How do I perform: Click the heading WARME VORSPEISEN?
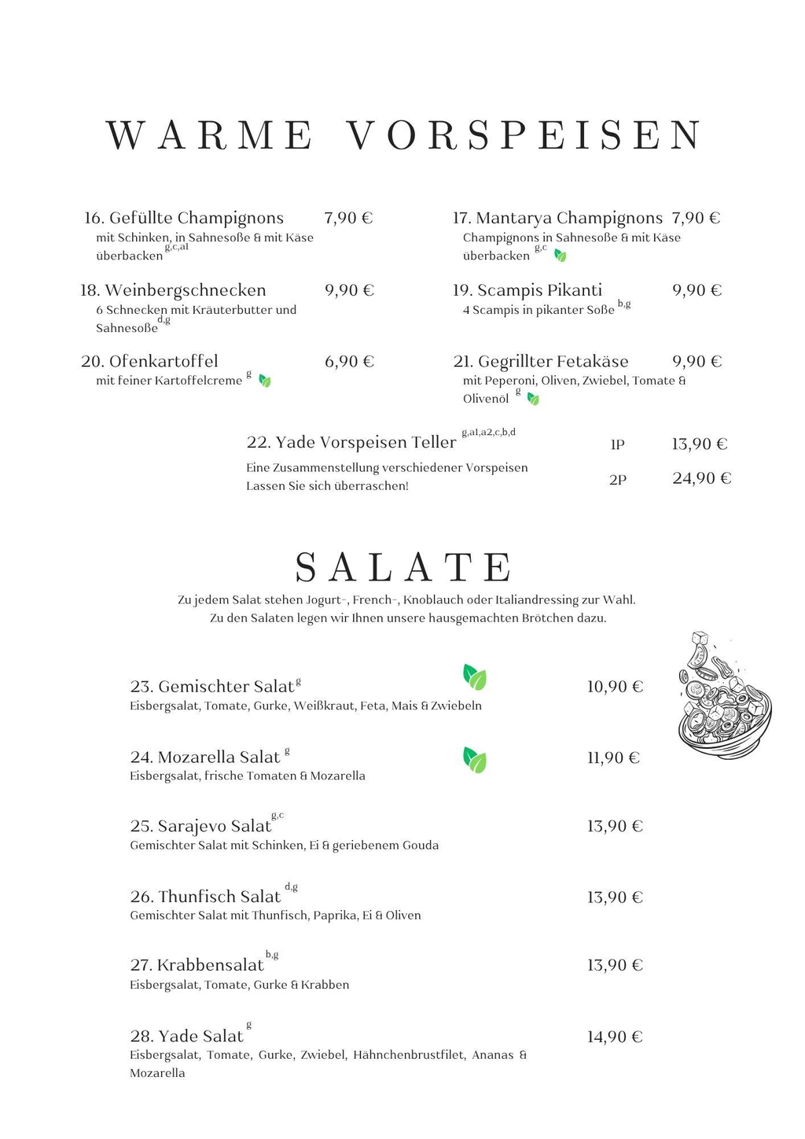(x=404, y=135)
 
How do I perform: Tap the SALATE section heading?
(x=404, y=566)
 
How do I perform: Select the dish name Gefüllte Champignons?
(x=196, y=218)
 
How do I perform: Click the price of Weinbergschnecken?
(x=349, y=290)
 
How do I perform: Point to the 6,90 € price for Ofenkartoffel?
(x=349, y=362)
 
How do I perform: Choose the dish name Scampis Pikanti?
(x=539, y=290)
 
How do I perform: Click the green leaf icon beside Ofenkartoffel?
(x=265, y=382)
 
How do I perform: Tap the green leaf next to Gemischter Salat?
(x=474, y=677)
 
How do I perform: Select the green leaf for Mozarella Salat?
(x=474, y=760)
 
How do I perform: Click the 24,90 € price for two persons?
(x=701, y=478)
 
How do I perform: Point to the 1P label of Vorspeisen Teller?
(x=617, y=445)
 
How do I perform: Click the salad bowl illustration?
(x=723, y=696)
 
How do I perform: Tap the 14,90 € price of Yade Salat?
(x=615, y=1037)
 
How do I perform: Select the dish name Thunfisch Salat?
(x=219, y=897)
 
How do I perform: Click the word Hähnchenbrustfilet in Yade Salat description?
(x=409, y=1055)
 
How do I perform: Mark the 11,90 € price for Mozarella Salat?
(x=613, y=758)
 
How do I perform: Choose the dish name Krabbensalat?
(x=210, y=965)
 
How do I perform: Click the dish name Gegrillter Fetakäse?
(x=553, y=362)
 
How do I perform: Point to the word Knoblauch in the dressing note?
(x=432, y=600)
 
